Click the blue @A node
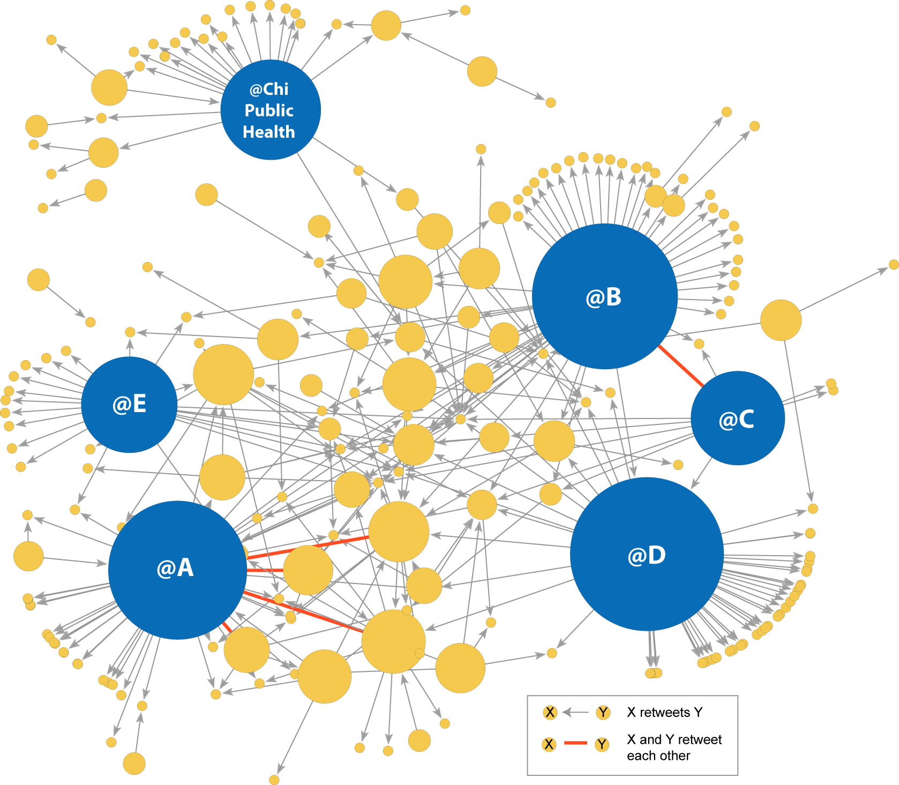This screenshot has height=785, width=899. tap(177, 570)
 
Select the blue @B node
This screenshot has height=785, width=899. tap(604, 296)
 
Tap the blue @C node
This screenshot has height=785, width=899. tap(738, 418)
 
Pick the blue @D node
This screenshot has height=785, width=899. tap(647, 554)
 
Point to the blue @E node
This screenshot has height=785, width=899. tap(129, 404)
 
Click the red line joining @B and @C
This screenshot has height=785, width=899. tap(681, 366)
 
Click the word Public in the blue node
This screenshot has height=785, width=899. tap(269, 110)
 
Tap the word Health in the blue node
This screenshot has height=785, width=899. tap(269, 132)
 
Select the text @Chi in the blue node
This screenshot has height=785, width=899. tap(269, 89)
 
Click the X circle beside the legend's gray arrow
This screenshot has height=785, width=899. tap(550, 712)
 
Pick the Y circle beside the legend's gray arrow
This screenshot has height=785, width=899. tap(603, 712)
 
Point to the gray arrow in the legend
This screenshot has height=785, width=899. tap(576, 712)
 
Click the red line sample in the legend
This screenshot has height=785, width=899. tap(576, 743)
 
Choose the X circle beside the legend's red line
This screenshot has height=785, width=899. tap(549, 744)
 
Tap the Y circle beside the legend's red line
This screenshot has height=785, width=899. tap(602, 744)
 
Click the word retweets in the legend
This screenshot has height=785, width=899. tap(665, 712)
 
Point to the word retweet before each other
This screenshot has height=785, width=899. tap(700, 739)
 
